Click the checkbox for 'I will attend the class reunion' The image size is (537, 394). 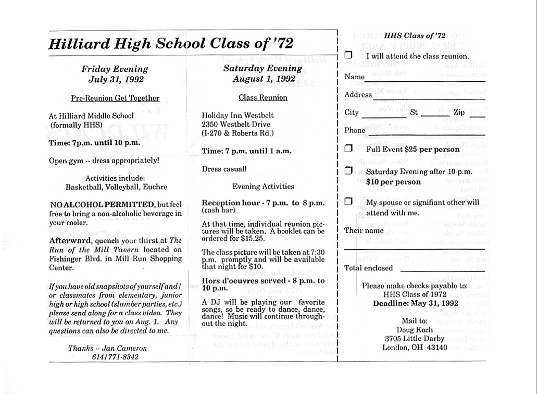point(348,55)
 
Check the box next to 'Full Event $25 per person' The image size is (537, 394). point(348,149)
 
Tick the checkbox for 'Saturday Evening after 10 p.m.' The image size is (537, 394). point(348,170)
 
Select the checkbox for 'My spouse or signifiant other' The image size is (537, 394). point(348,202)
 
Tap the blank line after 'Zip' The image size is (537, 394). point(477,116)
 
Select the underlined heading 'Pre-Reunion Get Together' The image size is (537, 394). point(115,97)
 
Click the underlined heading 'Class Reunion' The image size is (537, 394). point(263,97)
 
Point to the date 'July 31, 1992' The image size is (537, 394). point(116,80)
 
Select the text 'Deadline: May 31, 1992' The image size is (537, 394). point(415,303)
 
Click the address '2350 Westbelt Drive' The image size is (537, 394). point(234,124)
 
